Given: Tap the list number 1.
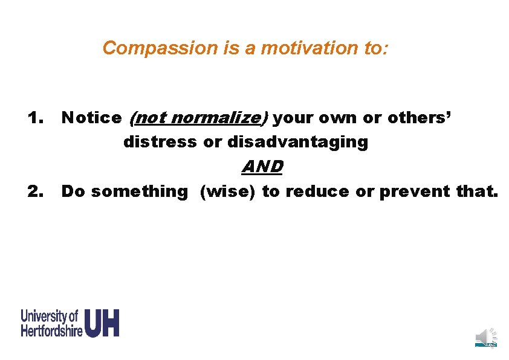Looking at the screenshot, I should tap(36, 118).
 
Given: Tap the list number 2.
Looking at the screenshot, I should tap(36, 191).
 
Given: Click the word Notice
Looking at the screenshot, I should tap(91, 118).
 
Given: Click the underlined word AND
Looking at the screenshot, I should tap(262, 166).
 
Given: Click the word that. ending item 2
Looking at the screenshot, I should tap(478, 191).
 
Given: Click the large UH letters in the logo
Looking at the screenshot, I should tap(102, 323).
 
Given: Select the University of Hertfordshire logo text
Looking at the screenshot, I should tap(51, 323).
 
